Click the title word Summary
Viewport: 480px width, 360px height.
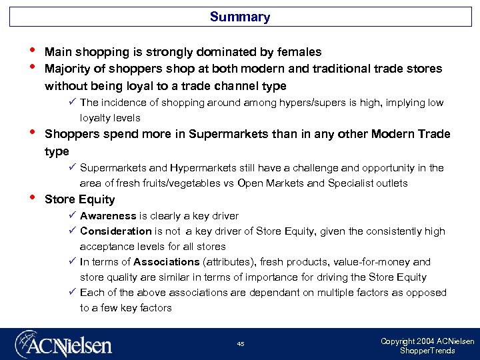239,17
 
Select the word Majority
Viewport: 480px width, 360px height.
69,69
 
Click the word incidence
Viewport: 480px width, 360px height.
125,103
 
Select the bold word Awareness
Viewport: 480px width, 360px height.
108,216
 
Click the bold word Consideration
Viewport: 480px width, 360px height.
116,231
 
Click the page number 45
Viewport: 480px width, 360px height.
241,344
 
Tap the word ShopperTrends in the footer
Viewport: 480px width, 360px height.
427,351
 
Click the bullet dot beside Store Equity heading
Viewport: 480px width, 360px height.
31,198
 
